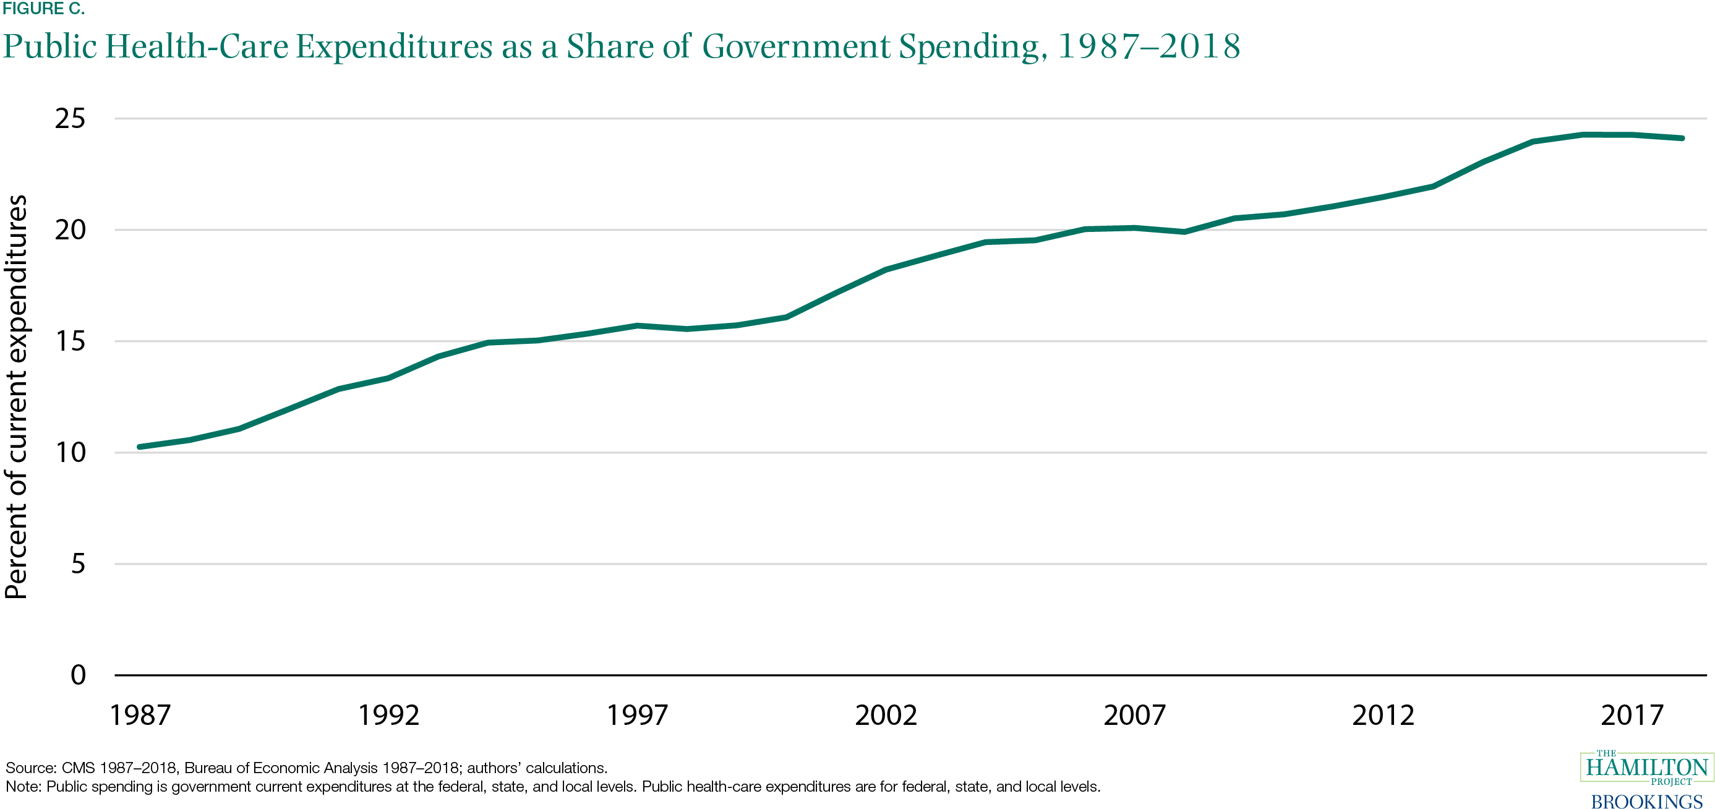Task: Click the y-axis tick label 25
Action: pyautogui.click(x=70, y=119)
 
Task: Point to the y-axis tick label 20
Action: pyautogui.click(x=70, y=229)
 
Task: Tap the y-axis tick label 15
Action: pyautogui.click(x=70, y=341)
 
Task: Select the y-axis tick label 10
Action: pyautogui.click(x=70, y=453)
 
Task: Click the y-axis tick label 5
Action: pyautogui.click(x=78, y=564)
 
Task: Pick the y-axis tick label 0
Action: pyautogui.click(x=78, y=675)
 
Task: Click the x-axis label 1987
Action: pyautogui.click(x=140, y=716)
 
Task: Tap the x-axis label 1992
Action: pyautogui.click(x=389, y=716)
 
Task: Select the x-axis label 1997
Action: pyautogui.click(x=637, y=716)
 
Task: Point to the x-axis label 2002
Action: pyautogui.click(x=886, y=716)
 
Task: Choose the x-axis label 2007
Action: pyautogui.click(x=1134, y=716)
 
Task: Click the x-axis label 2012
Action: pyautogui.click(x=1383, y=716)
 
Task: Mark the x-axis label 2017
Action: pyautogui.click(x=1632, y=716)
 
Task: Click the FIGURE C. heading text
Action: pyautogui.click(x=43, y=9)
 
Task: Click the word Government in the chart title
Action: pyautogui.click(x=796, y=46)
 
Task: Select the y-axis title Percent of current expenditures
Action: pyautogui.click(x=16, y=397)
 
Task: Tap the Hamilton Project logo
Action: pyautogui.click(x=1646, y=768)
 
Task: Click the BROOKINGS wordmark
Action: pyautogui.click(x=1646, y=800)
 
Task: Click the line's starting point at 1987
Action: pyautogui.click(x=140, y=447)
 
